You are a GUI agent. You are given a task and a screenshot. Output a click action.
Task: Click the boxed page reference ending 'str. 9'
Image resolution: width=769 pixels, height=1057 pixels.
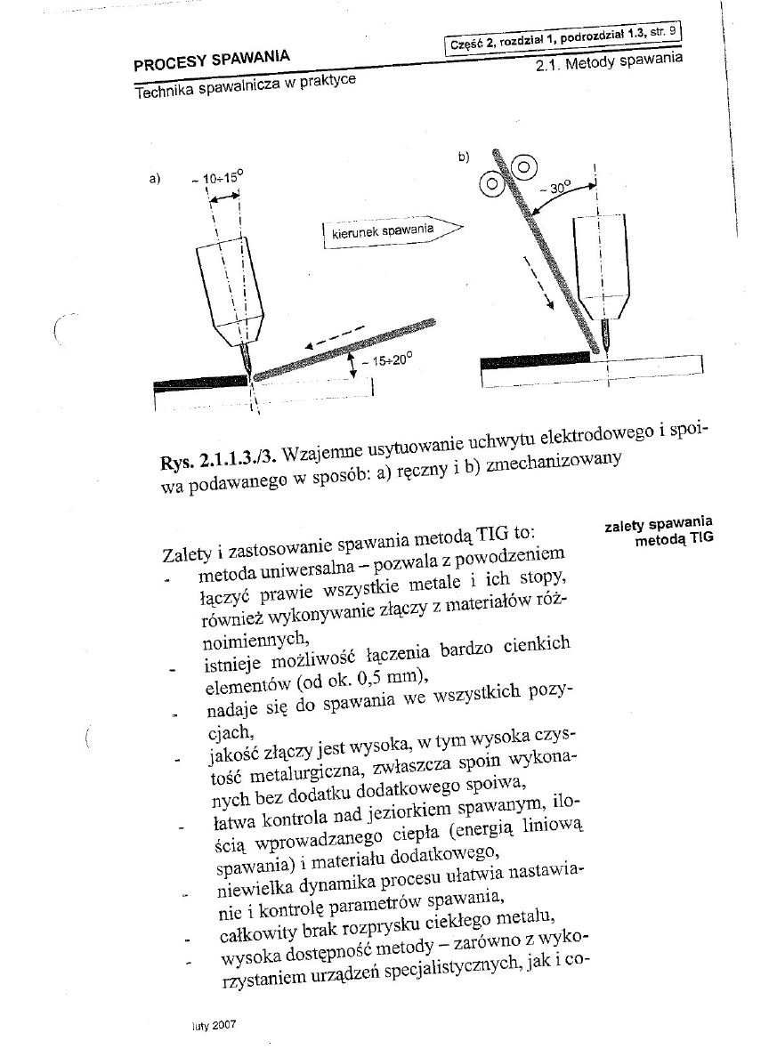pos(563,38)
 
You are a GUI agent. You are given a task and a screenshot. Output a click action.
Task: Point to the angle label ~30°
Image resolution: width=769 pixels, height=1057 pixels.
pos(558,188)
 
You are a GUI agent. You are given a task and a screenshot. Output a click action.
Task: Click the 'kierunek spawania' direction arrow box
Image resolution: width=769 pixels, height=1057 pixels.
pos(389,231)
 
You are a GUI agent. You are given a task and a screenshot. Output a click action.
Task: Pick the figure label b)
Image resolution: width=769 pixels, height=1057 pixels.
pos(464,157)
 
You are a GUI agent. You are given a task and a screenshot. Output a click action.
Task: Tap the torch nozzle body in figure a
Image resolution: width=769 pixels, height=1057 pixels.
pos(231,294)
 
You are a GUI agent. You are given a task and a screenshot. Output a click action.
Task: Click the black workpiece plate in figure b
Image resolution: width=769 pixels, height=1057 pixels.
pos(534,359)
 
